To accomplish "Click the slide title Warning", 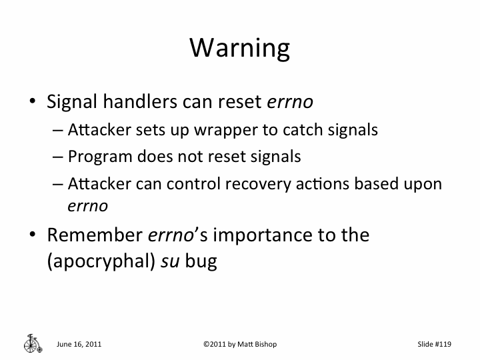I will point(240,48).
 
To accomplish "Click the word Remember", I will point(93,235).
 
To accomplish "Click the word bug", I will point(202,261).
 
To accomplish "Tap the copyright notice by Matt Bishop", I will point(239,344).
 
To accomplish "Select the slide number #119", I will point(443,344).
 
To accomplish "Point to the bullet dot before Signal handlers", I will point(31,103).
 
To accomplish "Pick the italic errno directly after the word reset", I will point(290,103).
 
